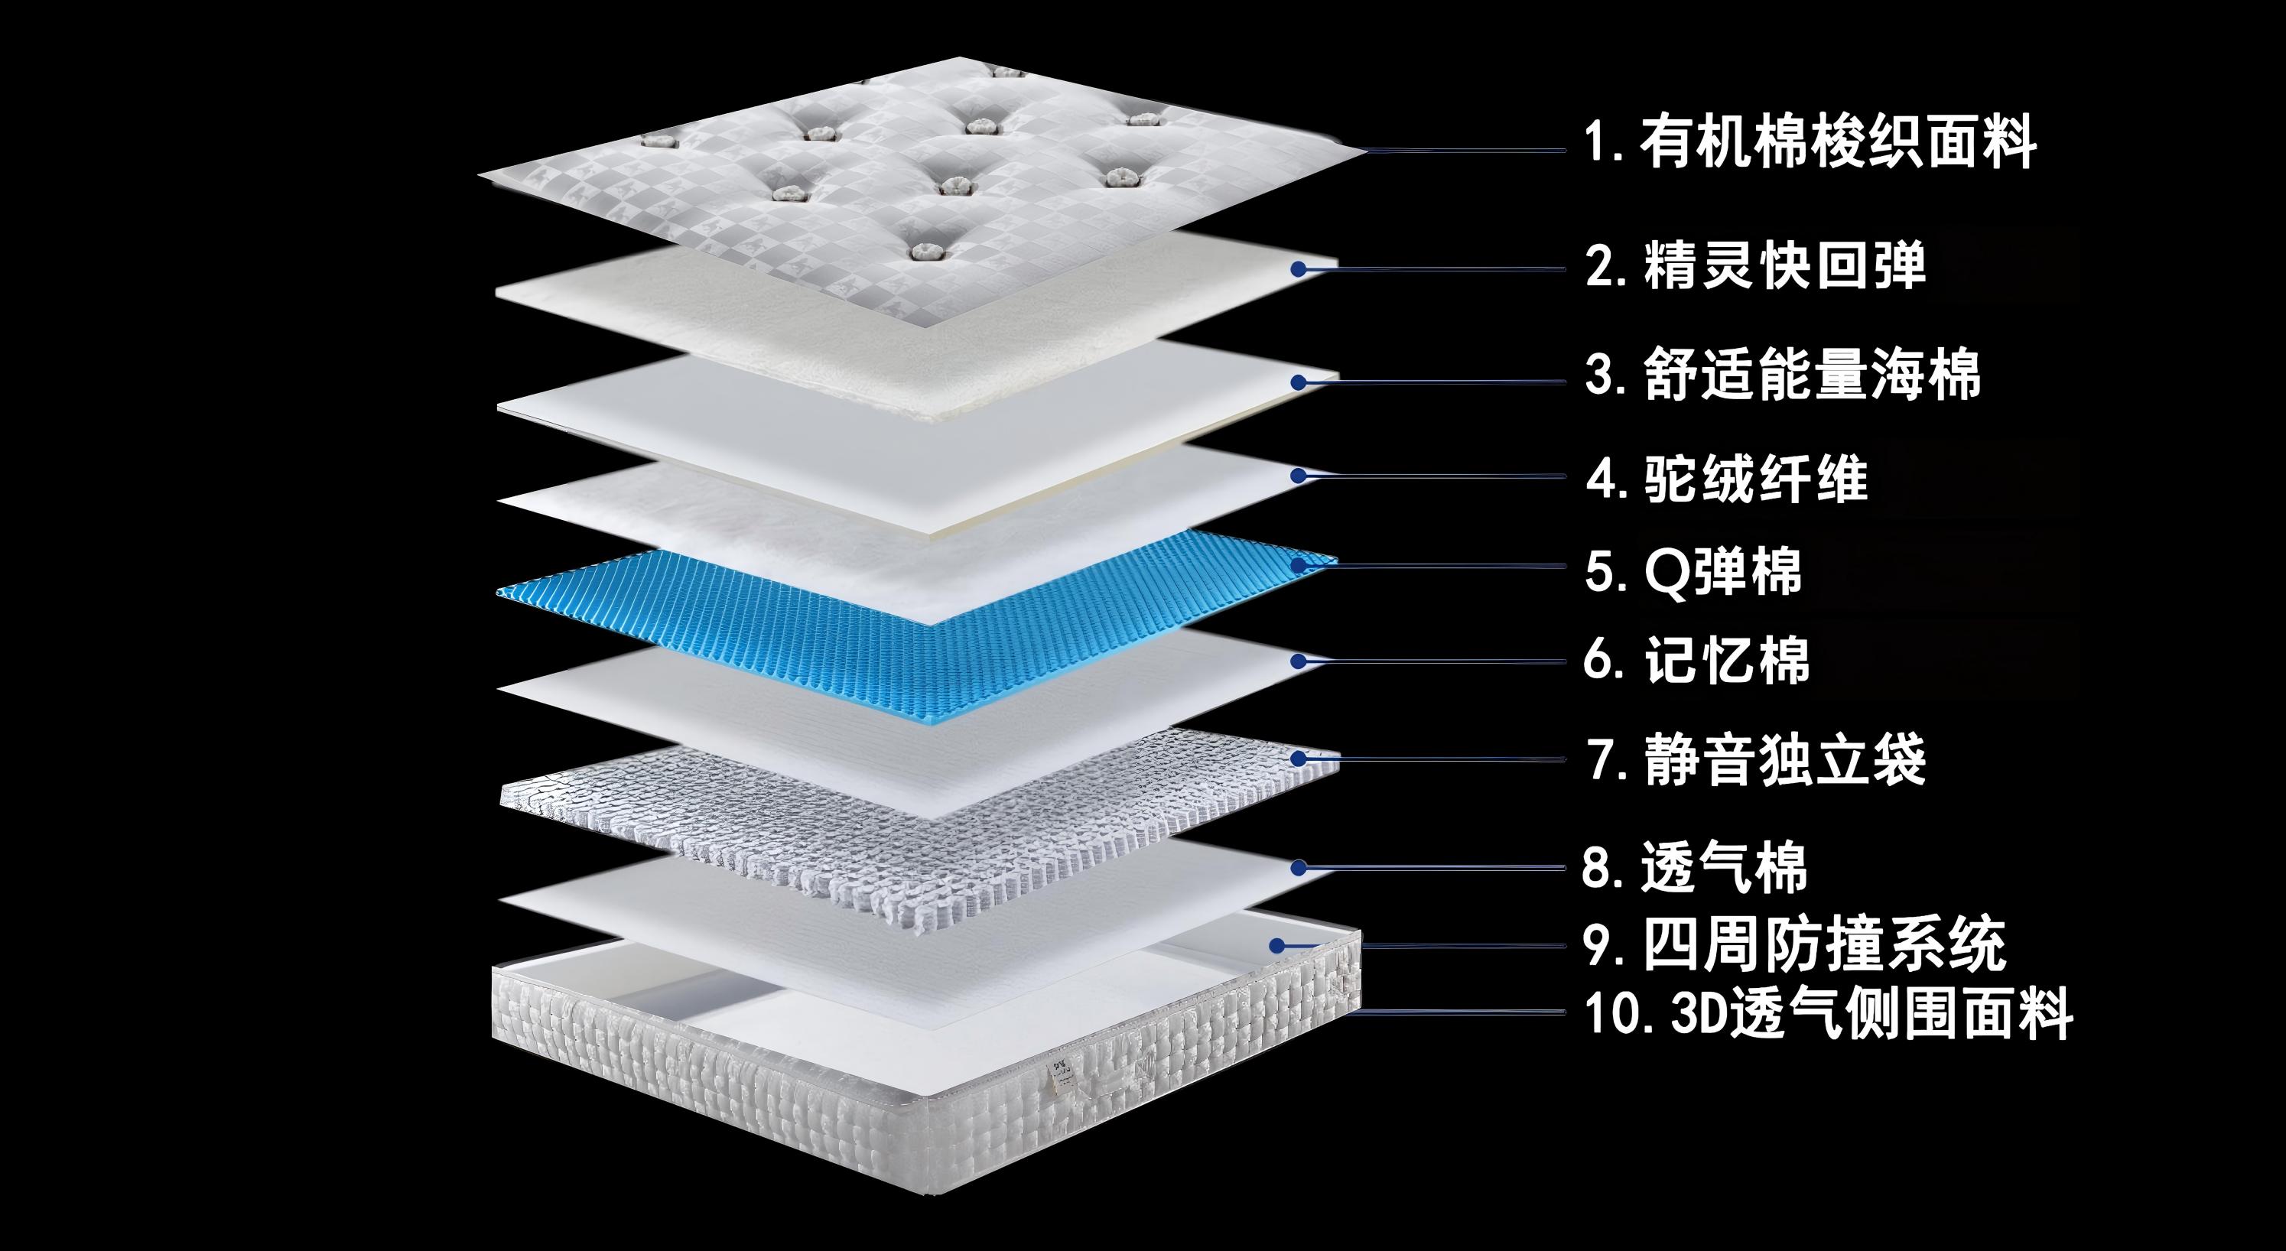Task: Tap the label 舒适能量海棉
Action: point(1810,375)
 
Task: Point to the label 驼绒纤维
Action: point(1755,479)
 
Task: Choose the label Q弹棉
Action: point(1722,571)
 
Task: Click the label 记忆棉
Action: point(1725,661)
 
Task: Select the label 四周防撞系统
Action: point(1823,946)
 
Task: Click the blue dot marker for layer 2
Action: point(1299,268)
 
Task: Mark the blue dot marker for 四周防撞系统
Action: point(1277,946)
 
